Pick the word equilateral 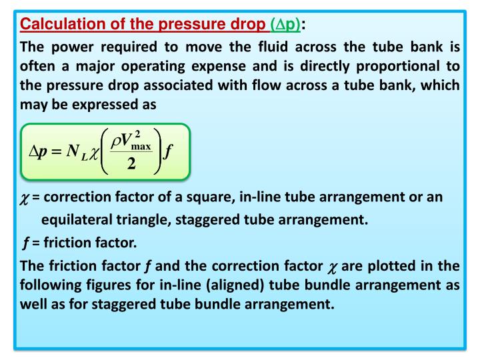72,220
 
